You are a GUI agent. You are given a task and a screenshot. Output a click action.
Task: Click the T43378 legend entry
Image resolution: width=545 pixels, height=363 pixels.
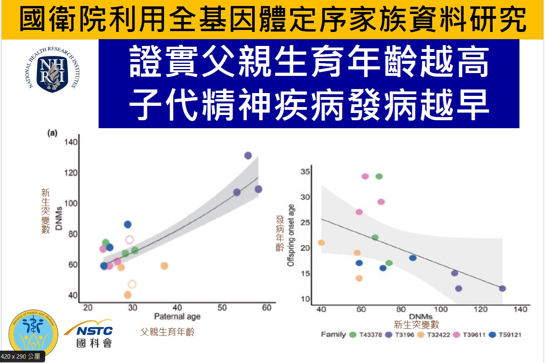click(366, 335)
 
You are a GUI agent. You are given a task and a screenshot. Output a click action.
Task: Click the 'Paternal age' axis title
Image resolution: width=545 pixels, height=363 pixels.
click(177, 317)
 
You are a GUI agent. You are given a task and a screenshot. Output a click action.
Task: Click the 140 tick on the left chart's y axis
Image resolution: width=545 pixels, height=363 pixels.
click(71, 142)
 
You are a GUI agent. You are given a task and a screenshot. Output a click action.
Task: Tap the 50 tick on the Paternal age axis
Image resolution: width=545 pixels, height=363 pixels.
click(222, 307)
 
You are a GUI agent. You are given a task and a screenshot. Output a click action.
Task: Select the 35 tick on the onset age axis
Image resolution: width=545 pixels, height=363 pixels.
click(305, 172)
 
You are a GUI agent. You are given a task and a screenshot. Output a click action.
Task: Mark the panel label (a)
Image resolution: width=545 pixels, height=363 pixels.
click(52, 133)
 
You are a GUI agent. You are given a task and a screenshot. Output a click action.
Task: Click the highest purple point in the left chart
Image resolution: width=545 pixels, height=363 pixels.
click(248, 156)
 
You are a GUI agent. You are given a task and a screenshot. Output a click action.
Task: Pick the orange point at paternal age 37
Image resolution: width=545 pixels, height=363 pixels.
click(164, 266)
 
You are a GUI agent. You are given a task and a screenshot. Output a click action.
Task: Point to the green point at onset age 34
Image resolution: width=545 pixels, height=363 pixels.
click(379, 177)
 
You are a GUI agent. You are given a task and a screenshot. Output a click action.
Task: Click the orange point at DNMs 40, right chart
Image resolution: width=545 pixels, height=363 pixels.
click(321, 243)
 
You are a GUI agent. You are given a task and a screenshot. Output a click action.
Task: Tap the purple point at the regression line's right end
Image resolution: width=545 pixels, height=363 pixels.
click(502, 288)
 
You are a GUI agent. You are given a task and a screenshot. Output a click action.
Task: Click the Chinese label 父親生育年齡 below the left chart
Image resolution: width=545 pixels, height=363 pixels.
click(167, 332)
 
